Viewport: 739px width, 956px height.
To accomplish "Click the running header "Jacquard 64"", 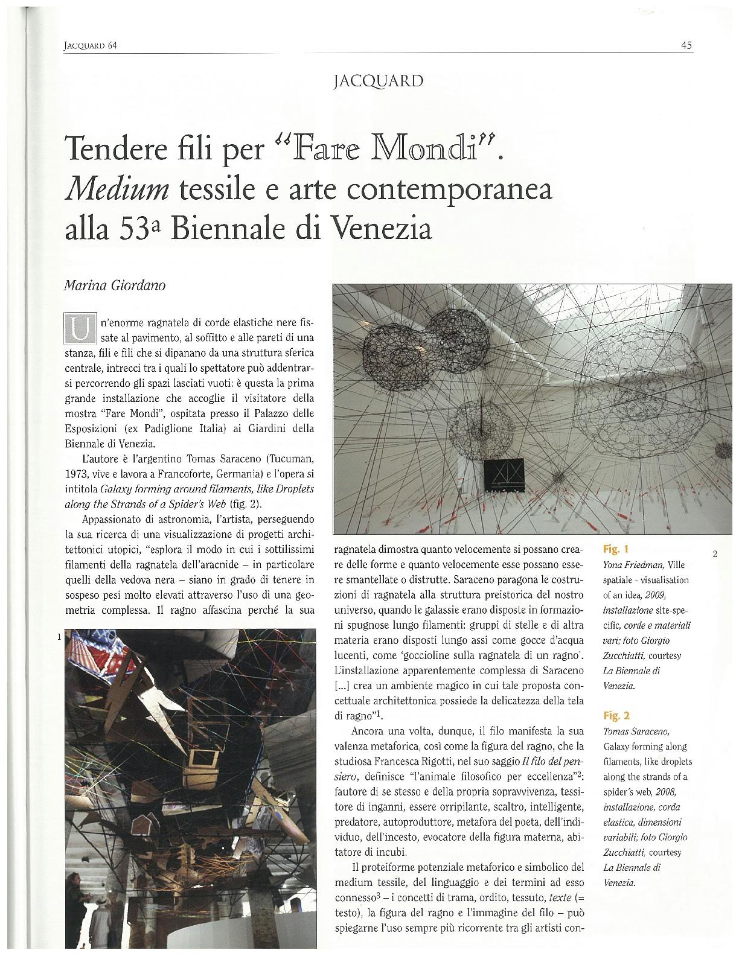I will click(x=89, y=46).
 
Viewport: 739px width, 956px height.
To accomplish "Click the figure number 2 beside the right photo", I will click(x=714, y=554).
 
